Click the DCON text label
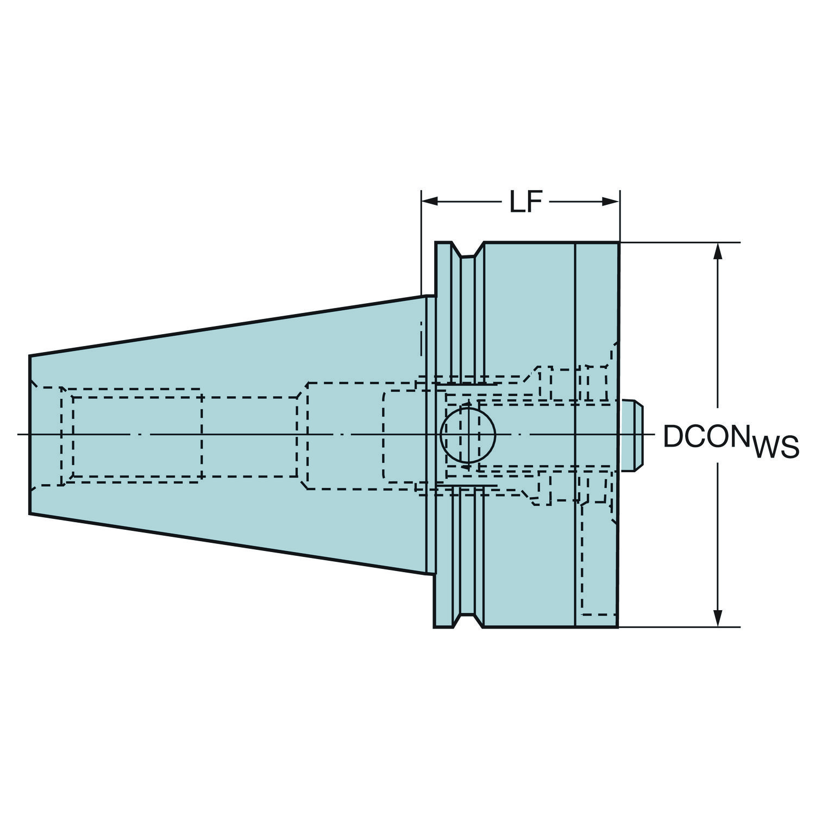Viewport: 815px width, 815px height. coord(704,436)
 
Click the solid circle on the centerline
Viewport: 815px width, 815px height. coord(468,435)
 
